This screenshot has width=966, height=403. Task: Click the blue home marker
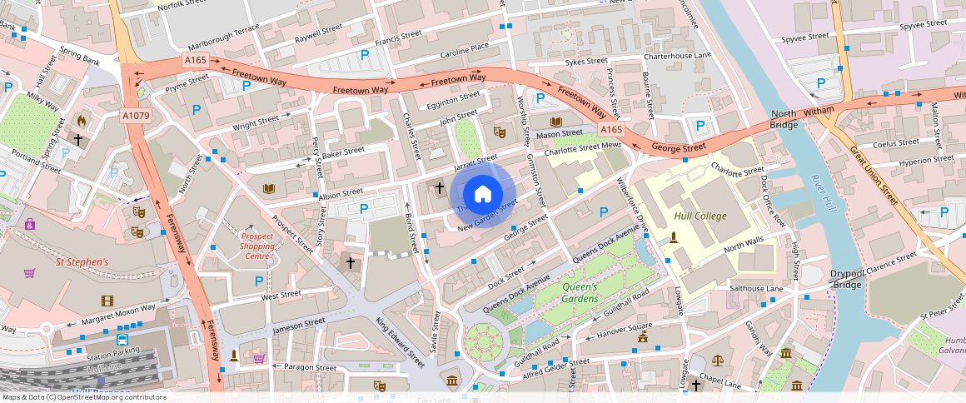click(483, 195)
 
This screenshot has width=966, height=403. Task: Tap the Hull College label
click(700, 216)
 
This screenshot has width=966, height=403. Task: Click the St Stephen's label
click(82, 261)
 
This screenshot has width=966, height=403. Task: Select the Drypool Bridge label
click(847, 279)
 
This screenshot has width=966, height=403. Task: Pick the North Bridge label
click(784, 119)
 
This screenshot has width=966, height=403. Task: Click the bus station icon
click(122, 341)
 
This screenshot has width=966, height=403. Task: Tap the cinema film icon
click(107, 301)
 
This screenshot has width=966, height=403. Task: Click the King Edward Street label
click(400, 342)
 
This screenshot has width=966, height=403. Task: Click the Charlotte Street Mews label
click(583, 149)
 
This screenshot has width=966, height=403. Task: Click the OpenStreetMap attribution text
click(83, 397)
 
